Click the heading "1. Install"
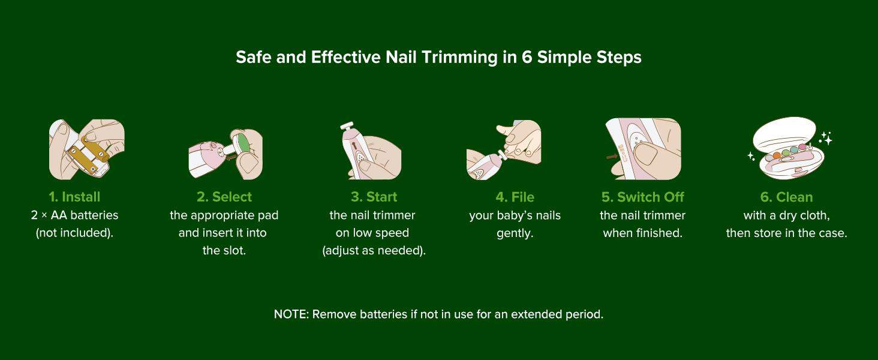(74, 197)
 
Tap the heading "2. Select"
(224, 197)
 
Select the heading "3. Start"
(374, 197)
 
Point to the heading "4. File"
(515, 197)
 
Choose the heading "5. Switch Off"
(643, 197)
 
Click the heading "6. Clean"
(786, 197)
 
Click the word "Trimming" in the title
(459, 58)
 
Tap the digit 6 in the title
(527, 57)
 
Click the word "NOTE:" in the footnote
(291, 314)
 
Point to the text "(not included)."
(74, 233)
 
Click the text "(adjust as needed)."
(374, 251)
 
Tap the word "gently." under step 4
(515, 233)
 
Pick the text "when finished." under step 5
(643, 233)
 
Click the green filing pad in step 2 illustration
(243, 143)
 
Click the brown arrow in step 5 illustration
(612, 157)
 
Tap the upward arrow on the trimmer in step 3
(354, 146)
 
